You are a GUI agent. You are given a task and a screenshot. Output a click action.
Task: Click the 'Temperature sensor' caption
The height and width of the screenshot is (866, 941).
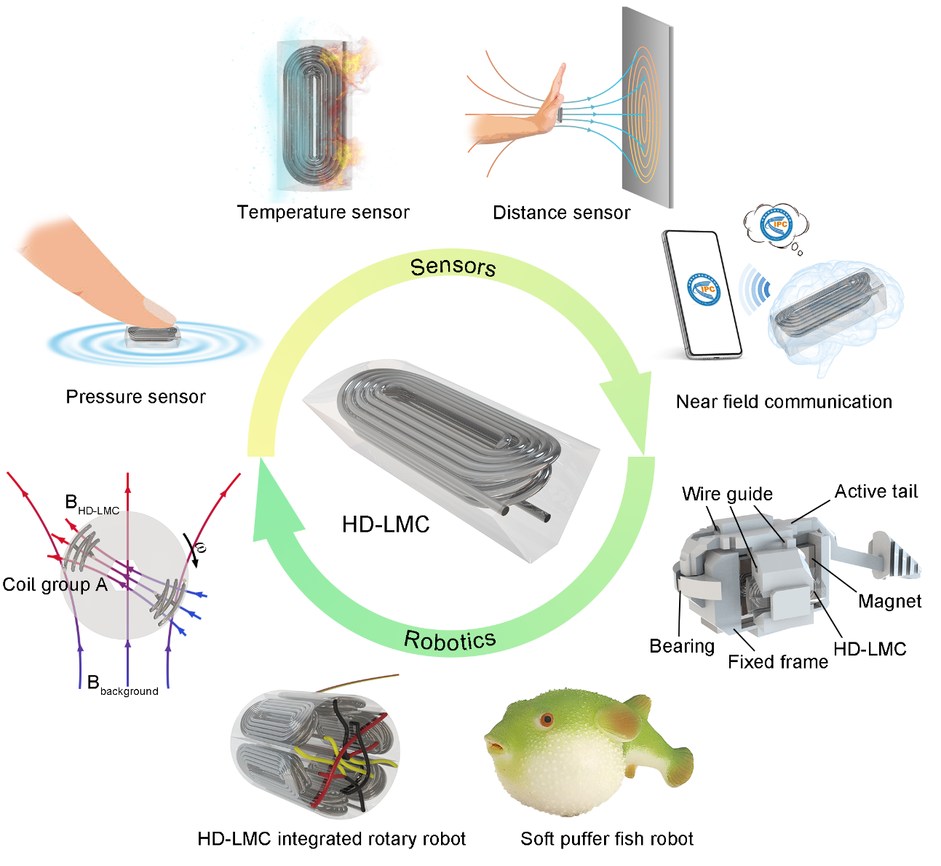pyautogui.click(x=323, y=213)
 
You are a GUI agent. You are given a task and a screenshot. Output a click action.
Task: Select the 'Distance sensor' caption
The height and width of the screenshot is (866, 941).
pyautogui.click(x=561, y=213)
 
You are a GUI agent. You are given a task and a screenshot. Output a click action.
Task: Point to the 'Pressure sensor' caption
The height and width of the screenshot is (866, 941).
pyautogui.click(x=135, y=397)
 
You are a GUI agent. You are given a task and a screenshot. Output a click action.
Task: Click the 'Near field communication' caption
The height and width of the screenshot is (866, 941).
pyautogui.click(x=784, y=401)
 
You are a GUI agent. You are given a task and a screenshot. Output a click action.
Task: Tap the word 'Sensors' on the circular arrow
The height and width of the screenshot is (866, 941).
pyautogui.click(x=453, y=267)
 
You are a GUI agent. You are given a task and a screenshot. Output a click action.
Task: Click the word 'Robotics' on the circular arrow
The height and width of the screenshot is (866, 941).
pyautogui.click(x=450, y=640)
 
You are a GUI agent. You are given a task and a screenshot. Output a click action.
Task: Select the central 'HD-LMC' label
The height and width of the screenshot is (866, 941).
pyautogui.click(x=386, y=524)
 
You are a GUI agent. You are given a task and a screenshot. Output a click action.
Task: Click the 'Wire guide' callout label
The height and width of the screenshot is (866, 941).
pyautogui.click(x=727, y=494)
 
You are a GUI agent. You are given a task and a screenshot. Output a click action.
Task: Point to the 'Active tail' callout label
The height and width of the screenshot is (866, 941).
pyautogui.click(x=876, y=492)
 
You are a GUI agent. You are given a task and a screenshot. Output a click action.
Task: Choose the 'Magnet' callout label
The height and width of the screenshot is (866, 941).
pyautogui.click(x=889, y=601)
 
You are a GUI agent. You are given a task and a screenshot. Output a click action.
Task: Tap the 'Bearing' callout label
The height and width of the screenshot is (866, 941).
pyautogui.click(x=682, y=646)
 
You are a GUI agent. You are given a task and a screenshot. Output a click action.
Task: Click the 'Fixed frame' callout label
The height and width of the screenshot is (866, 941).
pyautogui.click(x=778, y=661)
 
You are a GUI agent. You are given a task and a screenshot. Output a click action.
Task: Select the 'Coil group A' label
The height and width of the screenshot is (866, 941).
pyautogui.click(x=55, y=584)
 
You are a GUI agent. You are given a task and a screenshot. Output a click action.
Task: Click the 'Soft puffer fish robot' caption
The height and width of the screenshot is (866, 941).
pyautogui.click(x=607, y=839)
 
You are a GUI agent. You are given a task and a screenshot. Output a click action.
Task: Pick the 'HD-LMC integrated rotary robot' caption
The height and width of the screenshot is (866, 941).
pyautogui.click(x=331, y=839)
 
